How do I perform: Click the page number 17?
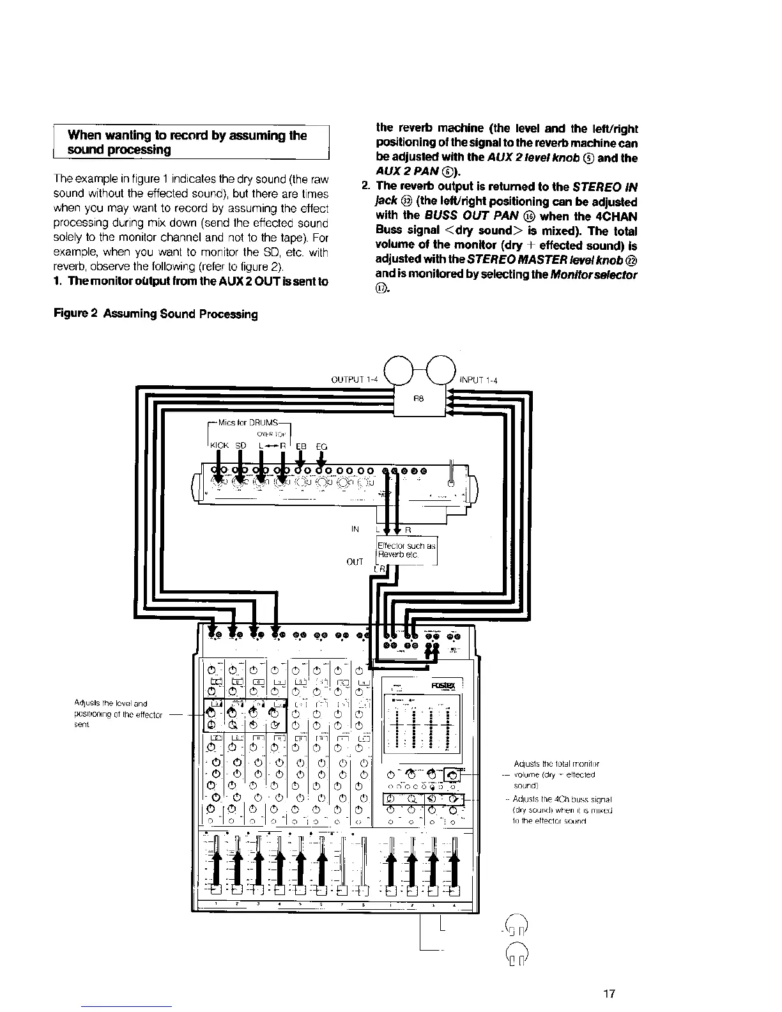point(609,993)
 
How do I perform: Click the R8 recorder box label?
point(419,397)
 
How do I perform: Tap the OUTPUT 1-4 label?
point(355,380)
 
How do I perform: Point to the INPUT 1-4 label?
point(479,380)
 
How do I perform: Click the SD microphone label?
point(241,447)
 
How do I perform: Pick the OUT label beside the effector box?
point(355,562)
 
